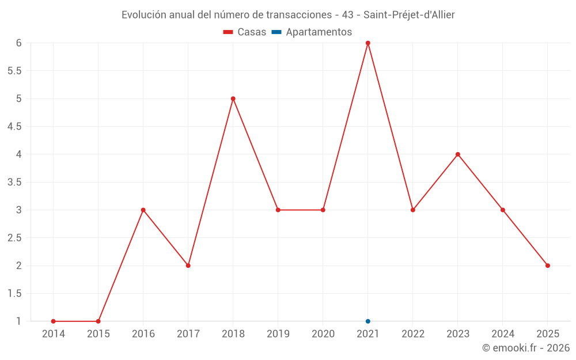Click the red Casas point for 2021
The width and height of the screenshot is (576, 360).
click(367, 43)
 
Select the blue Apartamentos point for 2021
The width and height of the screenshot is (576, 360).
click(367, 321)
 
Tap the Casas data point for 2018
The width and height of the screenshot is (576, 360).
click(233, 98)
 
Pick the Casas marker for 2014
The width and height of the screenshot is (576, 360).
click(53, 321)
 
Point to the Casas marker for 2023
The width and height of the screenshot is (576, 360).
click(458, 154)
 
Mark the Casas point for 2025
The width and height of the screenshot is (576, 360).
click(548, 266)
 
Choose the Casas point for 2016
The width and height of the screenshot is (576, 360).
click(143, 210)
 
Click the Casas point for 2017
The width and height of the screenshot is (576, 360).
click(188, 266)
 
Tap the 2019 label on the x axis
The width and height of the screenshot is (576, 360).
click(278, 334)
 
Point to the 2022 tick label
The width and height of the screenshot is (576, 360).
click(412, 334)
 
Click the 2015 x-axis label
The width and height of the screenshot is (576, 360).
click(98, 334)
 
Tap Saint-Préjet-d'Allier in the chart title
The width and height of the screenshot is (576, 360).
click(409, 15)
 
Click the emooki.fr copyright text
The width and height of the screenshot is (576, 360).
click(525, 348)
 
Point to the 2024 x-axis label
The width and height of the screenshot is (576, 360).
click(503, 334)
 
